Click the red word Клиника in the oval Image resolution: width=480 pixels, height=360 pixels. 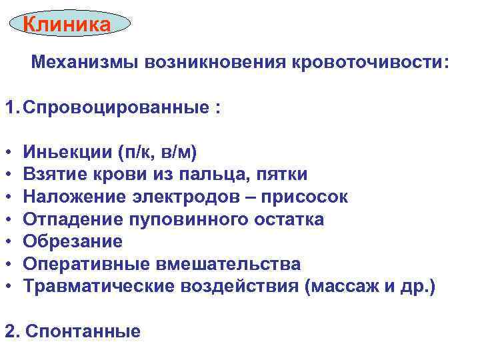pos(67,25)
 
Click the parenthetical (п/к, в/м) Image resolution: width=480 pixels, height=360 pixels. pos(156,153)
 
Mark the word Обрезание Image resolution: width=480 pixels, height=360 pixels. pos(72,241)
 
